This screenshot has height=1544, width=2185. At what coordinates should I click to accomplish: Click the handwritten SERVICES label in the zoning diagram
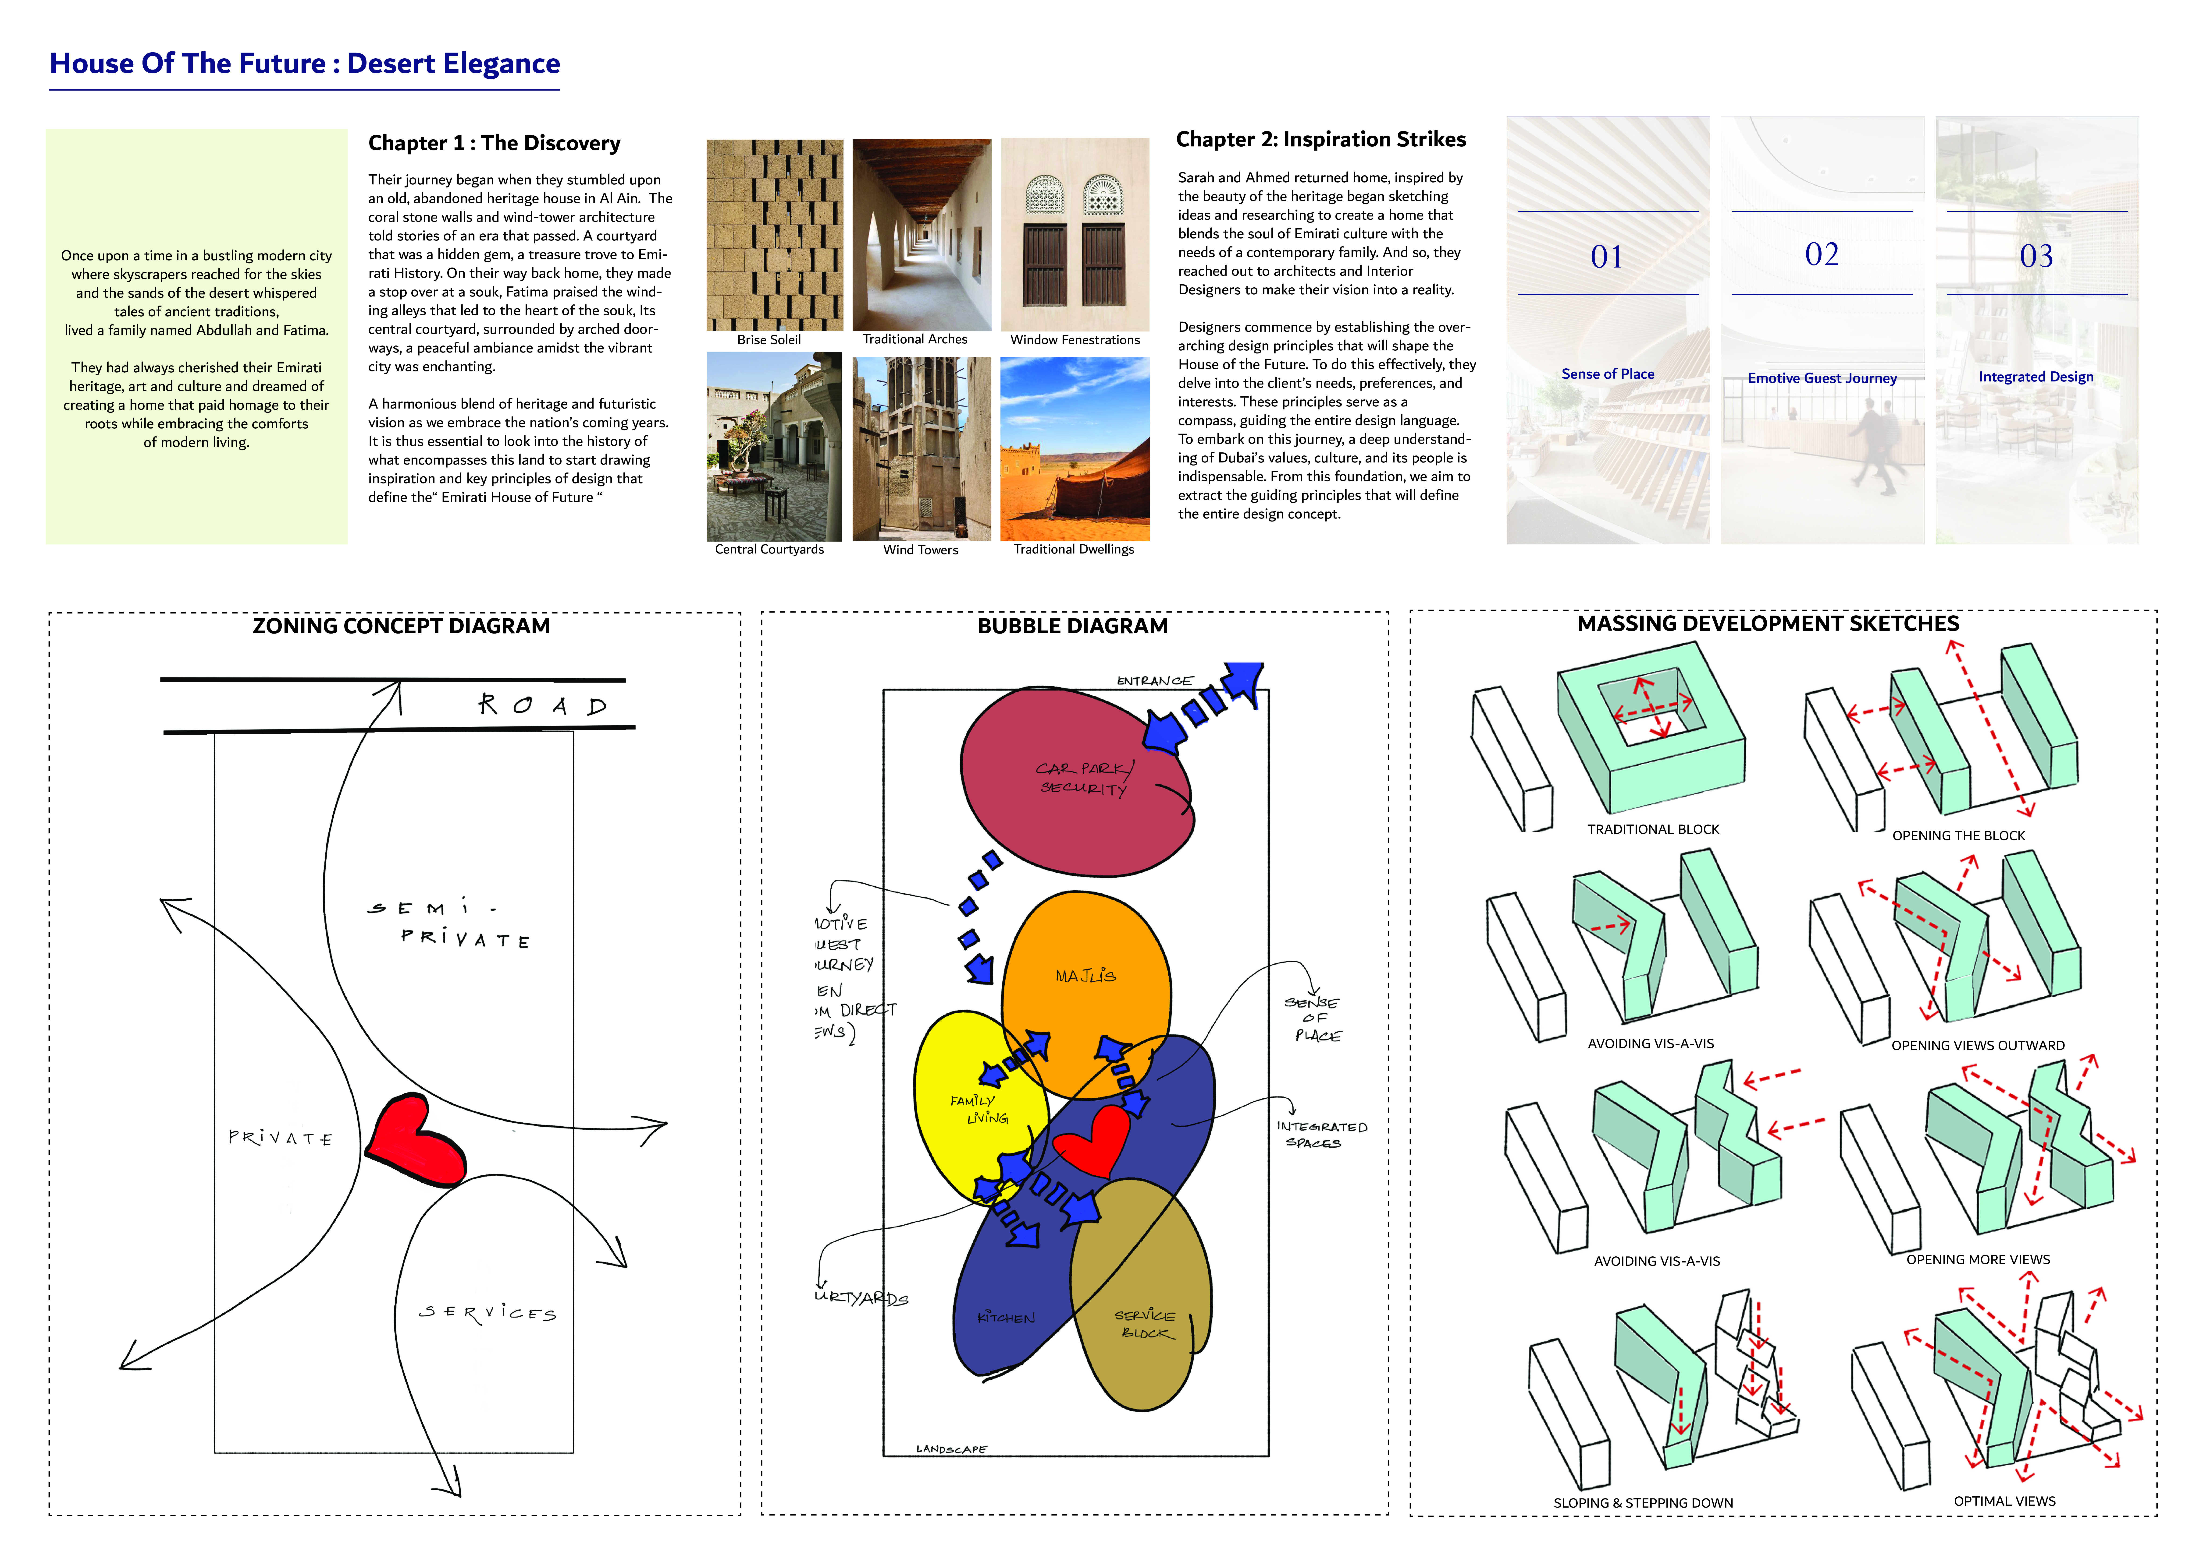pos(487,1313)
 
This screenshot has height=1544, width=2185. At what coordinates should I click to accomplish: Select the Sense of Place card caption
pos(1607,374)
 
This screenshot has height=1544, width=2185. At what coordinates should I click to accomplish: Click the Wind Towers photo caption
pos(920,550)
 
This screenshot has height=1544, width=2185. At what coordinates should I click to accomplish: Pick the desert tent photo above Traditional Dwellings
pos(1075,447)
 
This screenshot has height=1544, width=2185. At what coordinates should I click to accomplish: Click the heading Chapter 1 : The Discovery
pos(494,143)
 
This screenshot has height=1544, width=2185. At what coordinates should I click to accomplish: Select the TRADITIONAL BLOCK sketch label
pos(1653,830)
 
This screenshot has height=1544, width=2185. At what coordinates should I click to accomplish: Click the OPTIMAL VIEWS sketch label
pos(2004,1501)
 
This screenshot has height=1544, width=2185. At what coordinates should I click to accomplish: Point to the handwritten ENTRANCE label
pos(1153,681)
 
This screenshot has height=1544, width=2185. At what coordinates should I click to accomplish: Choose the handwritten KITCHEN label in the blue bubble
pos(1006,1318)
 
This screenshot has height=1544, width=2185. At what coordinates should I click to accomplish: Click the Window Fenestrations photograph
pos(1075,234)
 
